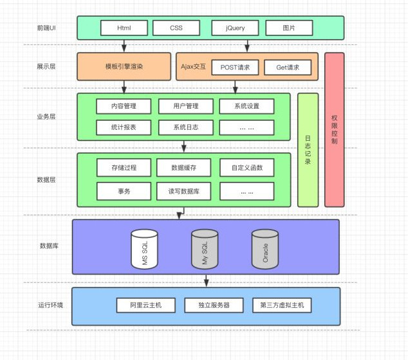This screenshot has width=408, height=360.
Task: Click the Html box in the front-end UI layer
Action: click(x=124, y=28)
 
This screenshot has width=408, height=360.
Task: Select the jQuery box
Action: click(x=235, y=28)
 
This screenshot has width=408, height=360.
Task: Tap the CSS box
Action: click(x=176, y=28)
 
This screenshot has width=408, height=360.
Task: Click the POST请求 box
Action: click(x=235, y=67)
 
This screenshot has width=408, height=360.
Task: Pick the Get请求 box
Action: click(x=287, y=67)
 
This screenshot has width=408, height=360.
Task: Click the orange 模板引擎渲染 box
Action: click(x=124, y=66)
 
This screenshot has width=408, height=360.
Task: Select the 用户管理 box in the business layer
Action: click(x=186, y=106)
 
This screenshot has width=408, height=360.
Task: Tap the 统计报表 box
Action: click(x=124, y=127)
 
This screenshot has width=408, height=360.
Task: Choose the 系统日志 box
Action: click(x=186, y=127)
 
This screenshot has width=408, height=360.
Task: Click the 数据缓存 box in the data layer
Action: click(x=183, y=168)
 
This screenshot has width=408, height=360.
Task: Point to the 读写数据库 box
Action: click(x=183, y=191)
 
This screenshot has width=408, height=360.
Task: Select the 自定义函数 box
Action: click(x=246, y=168)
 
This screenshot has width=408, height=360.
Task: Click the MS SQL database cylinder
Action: click(x=144, y=249)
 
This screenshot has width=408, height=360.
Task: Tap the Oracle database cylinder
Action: click(x=264, y=249)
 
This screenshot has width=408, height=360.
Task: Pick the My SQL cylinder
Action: click(x=205, y=249)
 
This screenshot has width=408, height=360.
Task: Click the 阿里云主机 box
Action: click(x=146, y=305)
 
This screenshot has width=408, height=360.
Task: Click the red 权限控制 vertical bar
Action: click(x=334, y=129)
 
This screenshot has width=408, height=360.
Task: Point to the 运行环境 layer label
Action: click(x=51, y=305)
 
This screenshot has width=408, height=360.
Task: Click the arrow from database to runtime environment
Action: click(x=206, y=280)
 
